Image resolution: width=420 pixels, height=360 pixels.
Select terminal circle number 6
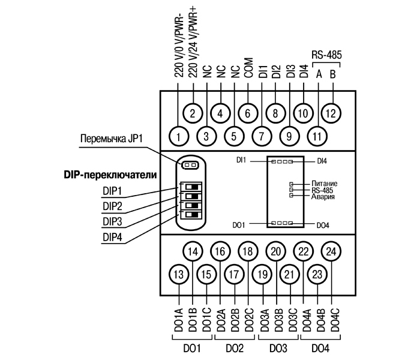[x=247, y=112]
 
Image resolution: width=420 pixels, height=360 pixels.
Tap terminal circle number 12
[x=331, y=112]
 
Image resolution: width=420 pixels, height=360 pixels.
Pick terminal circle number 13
[x=178, y=274]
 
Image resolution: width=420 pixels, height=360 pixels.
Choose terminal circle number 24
[x=331, y=251]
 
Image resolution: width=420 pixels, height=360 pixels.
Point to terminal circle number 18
[x=247, y=251]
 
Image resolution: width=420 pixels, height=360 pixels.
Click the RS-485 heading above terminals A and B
[x=327, y=54]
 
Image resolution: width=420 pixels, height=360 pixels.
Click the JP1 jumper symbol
[x=190, y=164]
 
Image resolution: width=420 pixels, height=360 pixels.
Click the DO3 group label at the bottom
[x=276, y=349]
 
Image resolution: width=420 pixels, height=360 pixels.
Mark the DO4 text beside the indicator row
[x=323, y=225]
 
